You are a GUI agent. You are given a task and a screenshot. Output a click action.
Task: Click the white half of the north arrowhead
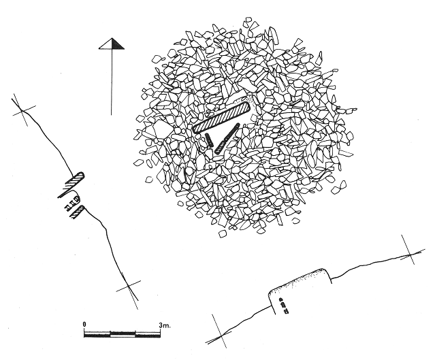(x=107, y=45)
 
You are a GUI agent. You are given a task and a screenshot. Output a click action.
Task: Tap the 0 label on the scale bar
(x=84, y=324)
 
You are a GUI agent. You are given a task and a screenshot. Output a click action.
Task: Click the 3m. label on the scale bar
(x=165, y=325)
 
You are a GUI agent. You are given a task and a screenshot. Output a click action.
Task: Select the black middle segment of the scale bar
(x=123, y=334)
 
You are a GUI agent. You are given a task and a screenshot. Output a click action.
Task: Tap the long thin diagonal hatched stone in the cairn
(x=227, y=139)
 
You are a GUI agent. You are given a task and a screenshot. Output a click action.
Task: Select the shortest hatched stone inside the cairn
(x=210, y=140)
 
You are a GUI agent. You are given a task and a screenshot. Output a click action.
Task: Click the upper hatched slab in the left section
(x=73, y=183)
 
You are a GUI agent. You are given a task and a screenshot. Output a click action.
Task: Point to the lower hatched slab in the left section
(x=78, y=212)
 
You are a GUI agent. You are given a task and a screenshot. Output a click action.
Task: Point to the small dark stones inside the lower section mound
(x=283, y=306)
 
